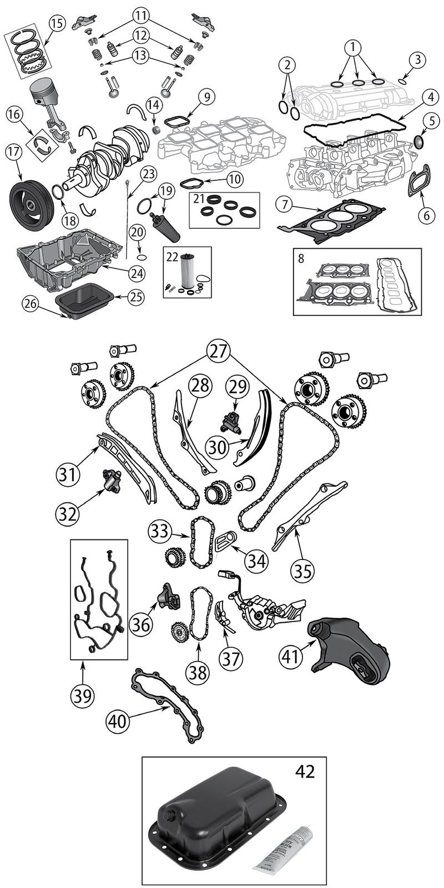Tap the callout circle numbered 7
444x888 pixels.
pyautogui.click(x=285, y=205)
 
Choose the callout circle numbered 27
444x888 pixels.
pyautogui.click(x=219, y=351)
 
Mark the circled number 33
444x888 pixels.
pyautogui.click(x=159, y=531)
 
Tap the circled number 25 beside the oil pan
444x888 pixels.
pyautogui.click(x=136, y=297)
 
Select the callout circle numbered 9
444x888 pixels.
pyautogui.click(x=205, y=97)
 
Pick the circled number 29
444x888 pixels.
pyautogui.click(x=237, y=385)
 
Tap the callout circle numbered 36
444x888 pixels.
pyautogui.click(x=141, y=624)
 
